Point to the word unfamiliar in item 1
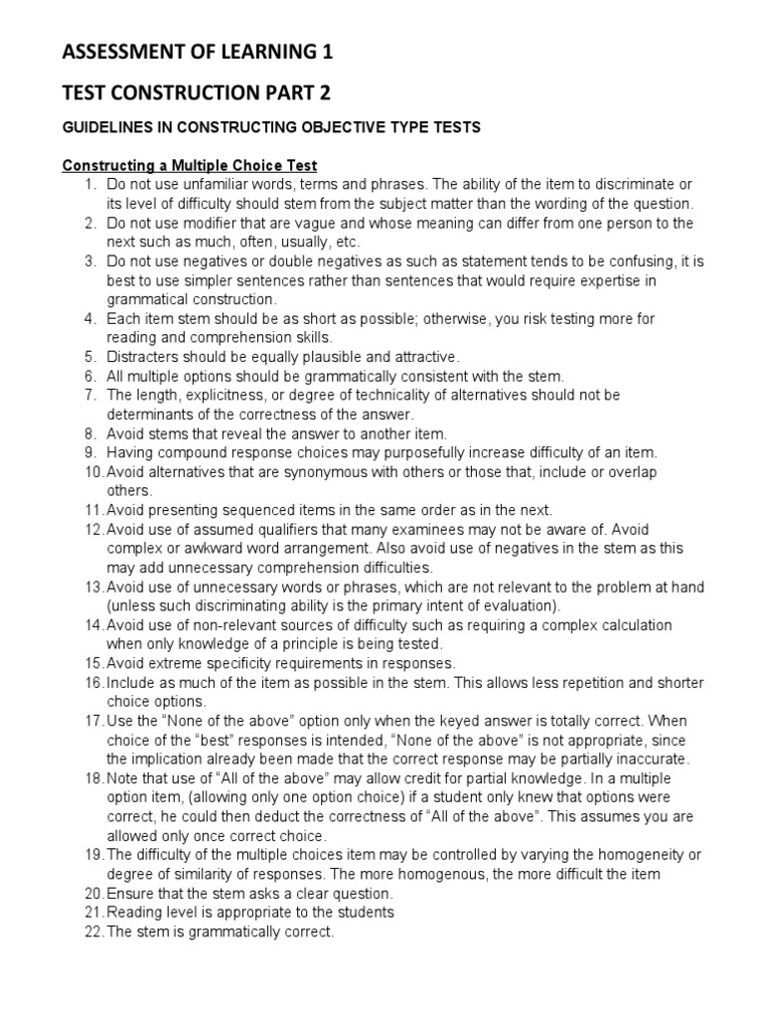point(212,185)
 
